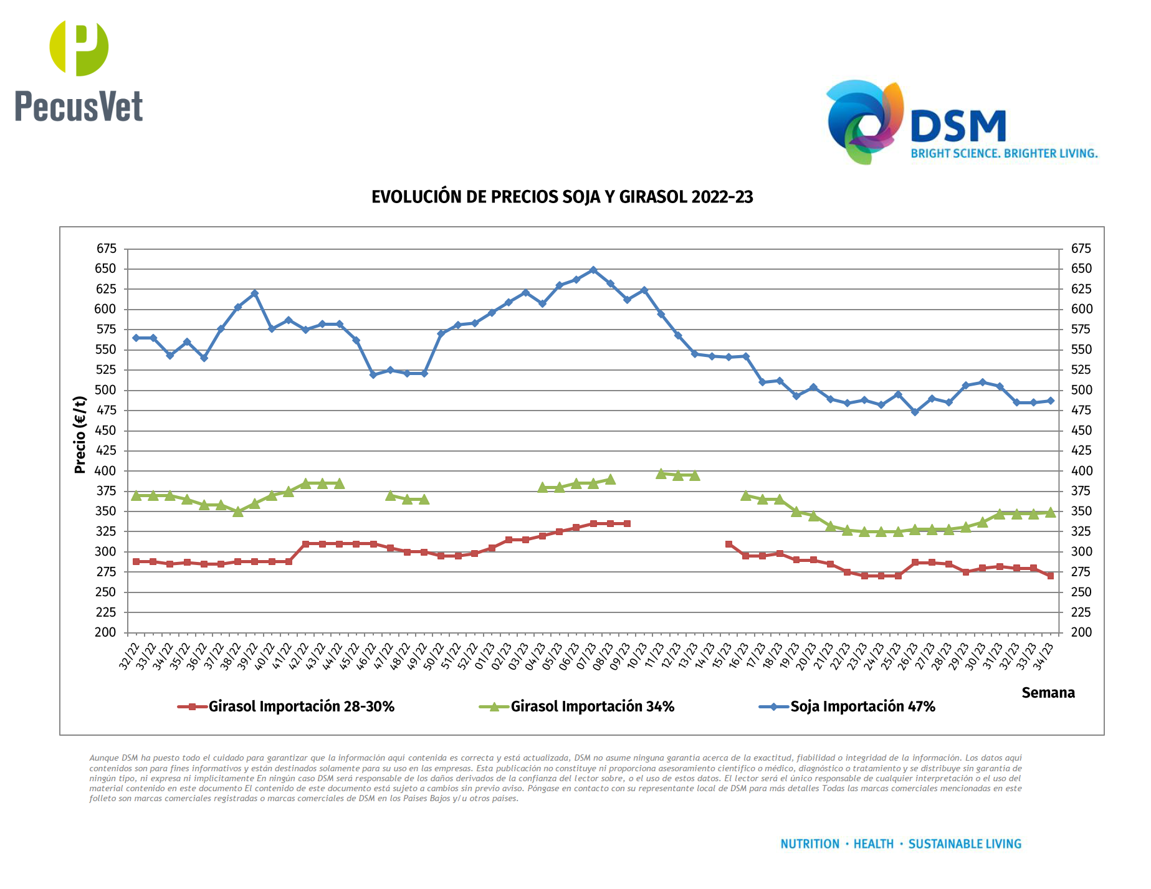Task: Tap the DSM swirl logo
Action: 865,122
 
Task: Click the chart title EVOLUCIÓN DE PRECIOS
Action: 562,197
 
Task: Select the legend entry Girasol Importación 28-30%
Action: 301,706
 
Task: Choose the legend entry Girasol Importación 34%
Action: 592,706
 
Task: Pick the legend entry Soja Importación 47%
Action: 862,706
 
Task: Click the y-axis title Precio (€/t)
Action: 80,435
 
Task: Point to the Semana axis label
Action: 1048,693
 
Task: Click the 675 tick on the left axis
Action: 106,249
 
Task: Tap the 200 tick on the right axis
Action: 1081,632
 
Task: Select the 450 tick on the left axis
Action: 106,430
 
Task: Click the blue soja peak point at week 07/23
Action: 593,270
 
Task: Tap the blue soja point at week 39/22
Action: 255,293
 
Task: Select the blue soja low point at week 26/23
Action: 915,412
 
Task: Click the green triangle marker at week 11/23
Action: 661,473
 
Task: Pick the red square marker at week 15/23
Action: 729,544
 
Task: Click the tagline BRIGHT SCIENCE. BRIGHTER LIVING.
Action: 1004,153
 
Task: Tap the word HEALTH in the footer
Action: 873,844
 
